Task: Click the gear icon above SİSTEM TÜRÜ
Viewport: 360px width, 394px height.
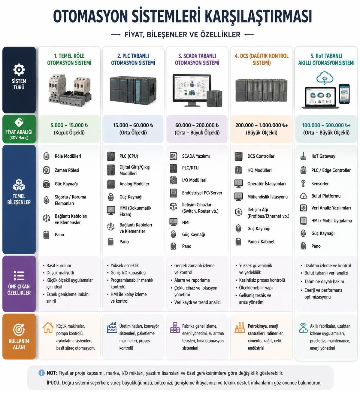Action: point(19,70)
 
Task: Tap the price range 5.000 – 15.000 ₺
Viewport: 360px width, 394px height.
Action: point(69,125)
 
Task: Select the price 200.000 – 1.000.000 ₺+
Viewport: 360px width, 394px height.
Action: point(262,125)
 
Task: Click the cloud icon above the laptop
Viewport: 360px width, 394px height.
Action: point(325,78)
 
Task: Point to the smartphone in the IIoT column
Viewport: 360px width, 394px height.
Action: point(344,94)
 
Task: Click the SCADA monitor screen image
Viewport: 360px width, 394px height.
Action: point(192,89)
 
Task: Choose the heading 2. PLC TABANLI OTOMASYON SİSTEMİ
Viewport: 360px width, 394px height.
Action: point(133,59)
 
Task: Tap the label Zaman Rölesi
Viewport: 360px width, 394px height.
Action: point(67,170)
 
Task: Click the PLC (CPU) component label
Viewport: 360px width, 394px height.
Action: point(129,156)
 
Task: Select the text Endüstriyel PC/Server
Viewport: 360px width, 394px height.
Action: point(202,193)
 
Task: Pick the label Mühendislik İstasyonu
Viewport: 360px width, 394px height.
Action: point(267,197)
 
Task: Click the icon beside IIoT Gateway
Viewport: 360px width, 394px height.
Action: point(303,156)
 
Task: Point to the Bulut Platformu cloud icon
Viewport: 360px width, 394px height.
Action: point(304,196)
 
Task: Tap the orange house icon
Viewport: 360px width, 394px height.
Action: point(48,327)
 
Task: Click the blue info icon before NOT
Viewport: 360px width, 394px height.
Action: point(41,373)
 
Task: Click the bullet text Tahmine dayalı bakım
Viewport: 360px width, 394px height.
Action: point(324,281)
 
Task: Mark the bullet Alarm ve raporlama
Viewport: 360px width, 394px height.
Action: point(192,280)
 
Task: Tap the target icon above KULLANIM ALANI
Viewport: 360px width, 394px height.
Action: point(19,329)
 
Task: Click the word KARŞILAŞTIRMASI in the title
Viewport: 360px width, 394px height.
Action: point(259,17)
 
